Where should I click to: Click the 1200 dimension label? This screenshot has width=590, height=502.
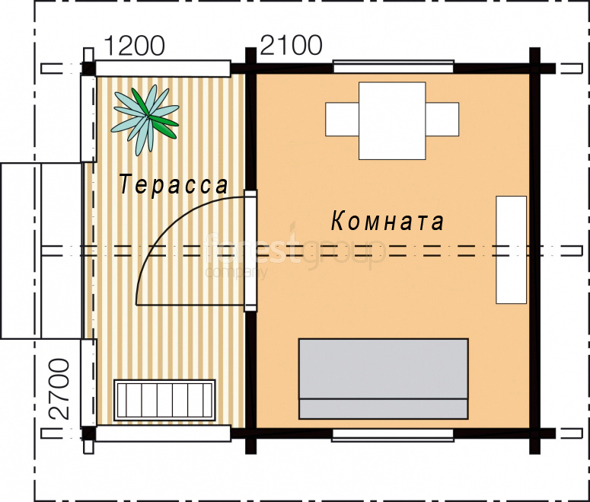click(134, 46)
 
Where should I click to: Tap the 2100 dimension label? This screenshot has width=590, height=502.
click(292, 45)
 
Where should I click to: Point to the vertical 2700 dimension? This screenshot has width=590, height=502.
click(59, 389)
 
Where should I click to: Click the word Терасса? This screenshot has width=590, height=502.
click(174, 184)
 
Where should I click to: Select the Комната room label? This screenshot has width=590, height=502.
click(387, 221)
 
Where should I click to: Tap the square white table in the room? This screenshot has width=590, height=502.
click(392, 121)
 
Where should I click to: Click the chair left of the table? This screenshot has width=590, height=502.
click(342, 119)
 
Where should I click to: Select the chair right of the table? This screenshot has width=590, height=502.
click(442, 119)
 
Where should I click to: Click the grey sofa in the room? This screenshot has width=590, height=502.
click(384, 379)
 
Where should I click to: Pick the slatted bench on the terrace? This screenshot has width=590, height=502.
click(164, 400)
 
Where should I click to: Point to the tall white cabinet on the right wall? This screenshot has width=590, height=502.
click(511, 250)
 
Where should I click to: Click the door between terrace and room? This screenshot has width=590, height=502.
click(250, 251)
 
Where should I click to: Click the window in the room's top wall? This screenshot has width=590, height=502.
click(394, 67)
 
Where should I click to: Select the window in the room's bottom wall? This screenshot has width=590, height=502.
click(393, 435)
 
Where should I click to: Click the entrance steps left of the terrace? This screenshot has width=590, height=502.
click(40, 251)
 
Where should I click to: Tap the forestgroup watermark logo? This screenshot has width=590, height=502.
click(295, 251)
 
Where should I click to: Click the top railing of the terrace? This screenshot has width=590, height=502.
click(163, 69)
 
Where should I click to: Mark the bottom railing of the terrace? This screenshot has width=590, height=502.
click(163, 433)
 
